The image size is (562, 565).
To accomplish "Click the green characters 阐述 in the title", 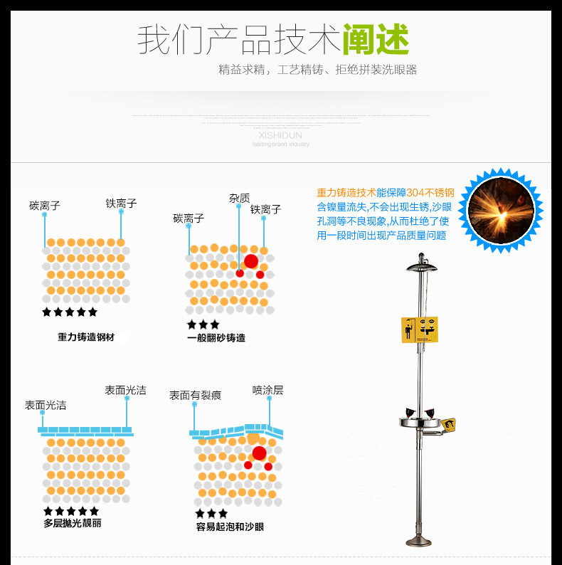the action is [376, 39].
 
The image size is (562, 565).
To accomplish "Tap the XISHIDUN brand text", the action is [280, 135].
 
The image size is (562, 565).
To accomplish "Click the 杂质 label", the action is [239, 198].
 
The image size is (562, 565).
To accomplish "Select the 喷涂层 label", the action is [267, 390].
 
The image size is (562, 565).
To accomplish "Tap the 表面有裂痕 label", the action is [195, 395].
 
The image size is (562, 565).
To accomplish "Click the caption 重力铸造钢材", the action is [86, 337].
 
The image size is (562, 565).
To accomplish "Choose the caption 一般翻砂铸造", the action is [216, 338].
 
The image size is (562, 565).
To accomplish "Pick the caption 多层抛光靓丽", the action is [73, 523].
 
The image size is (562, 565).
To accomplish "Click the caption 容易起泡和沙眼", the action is [230, 527].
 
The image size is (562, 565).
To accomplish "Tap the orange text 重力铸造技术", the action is [346, 192].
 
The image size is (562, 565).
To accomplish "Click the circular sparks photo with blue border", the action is [500, 211].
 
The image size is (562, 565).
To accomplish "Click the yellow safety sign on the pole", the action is [419, 329].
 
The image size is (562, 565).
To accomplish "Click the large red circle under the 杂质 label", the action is [251, 261].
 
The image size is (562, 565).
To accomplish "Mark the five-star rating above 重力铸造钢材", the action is [70, 312].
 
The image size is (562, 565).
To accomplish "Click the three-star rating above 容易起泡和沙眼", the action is [211, 513].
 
